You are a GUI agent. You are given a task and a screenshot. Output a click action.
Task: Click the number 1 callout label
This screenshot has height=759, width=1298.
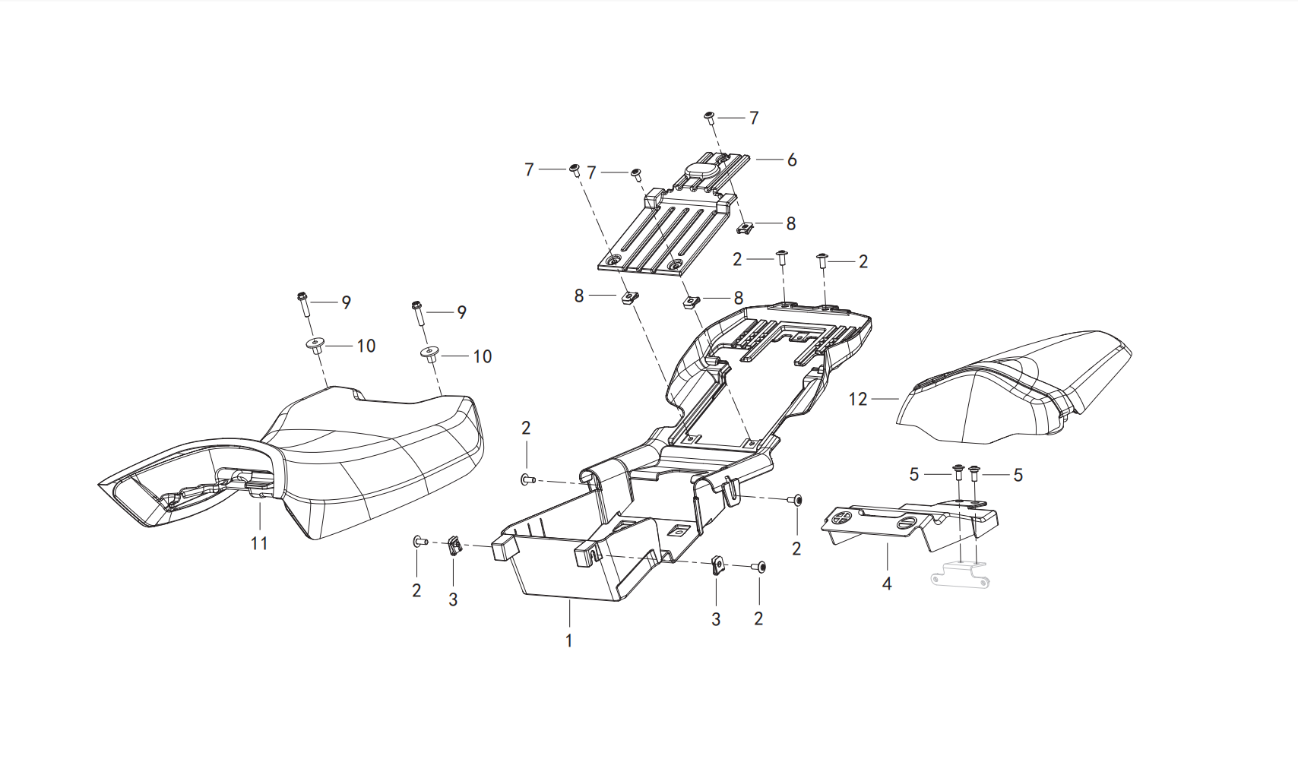point(569,640)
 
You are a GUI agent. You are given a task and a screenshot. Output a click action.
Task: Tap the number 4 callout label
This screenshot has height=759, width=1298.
point(887,584)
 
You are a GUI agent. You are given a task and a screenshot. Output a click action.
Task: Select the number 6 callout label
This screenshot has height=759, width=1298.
point(792,160)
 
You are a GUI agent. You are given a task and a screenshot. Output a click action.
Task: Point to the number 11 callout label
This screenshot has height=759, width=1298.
point(259,543)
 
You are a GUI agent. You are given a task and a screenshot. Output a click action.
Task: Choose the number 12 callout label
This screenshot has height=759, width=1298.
point(858,399)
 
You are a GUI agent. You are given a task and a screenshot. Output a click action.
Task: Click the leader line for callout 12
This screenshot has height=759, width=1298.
point(885,399)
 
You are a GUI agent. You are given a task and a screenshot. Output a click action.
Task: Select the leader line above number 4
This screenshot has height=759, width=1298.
point(887,558)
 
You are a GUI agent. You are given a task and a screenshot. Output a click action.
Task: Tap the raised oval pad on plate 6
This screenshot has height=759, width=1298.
point(701,170)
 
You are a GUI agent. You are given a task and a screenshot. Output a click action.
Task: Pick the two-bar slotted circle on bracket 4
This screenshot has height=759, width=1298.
point(904,523)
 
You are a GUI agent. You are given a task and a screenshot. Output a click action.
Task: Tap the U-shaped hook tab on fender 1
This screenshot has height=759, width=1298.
point(732,492)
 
